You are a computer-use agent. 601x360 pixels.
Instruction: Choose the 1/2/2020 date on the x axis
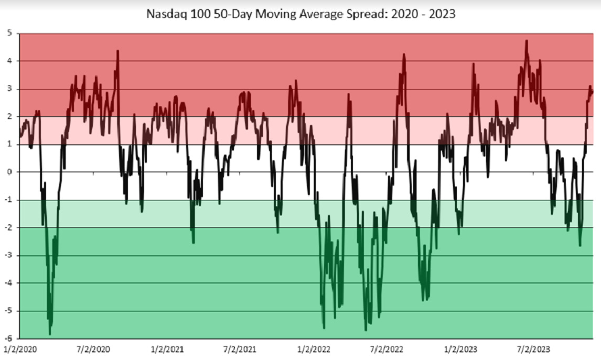[x=20, y=348]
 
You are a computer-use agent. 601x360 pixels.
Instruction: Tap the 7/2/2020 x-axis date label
[x=93, y=348]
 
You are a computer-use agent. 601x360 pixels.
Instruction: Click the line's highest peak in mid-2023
[x=526, y=40]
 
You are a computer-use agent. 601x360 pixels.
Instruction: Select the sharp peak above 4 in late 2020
[x=117, y=51]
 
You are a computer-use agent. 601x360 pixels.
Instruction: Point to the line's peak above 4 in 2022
[x=404, y=54]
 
